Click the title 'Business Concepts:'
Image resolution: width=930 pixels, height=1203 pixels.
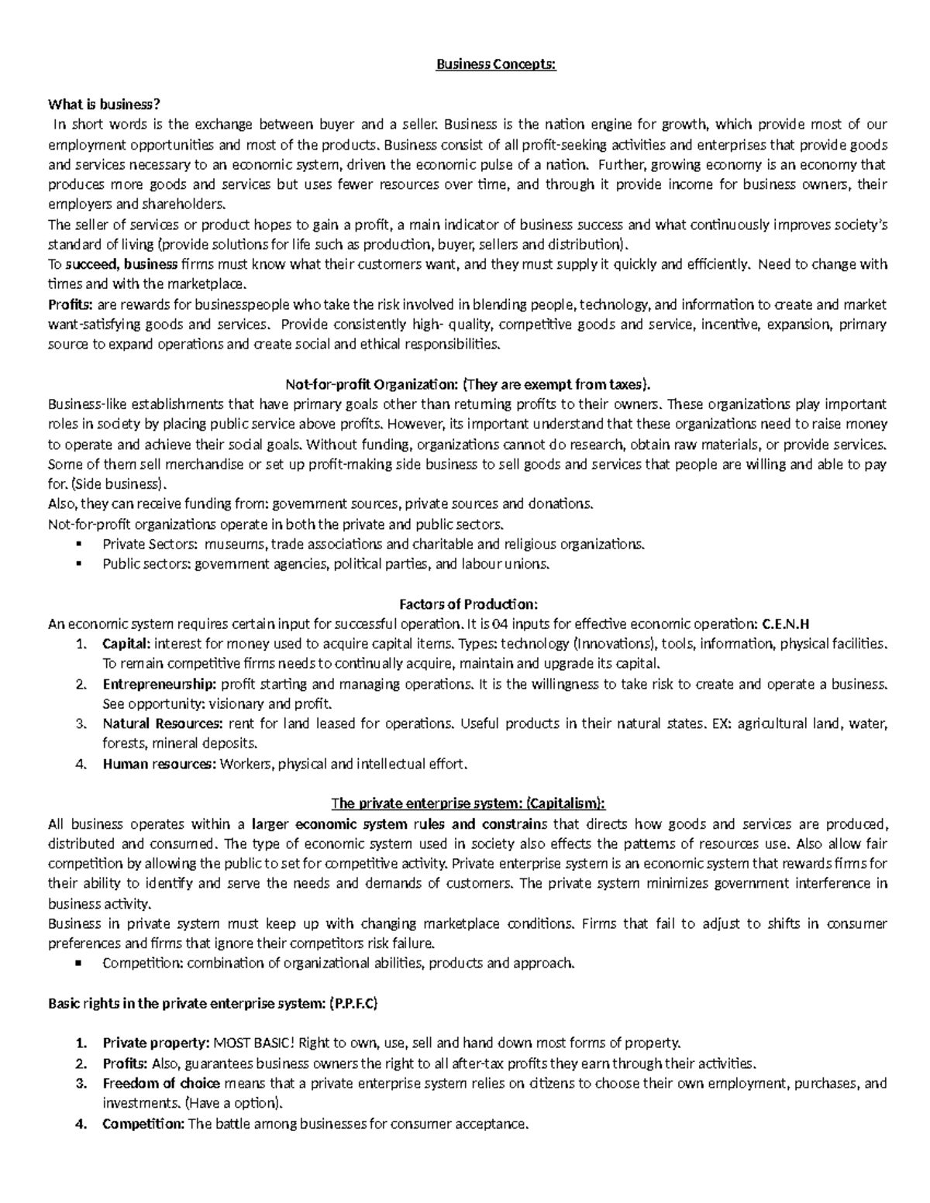click(x=496, y=64)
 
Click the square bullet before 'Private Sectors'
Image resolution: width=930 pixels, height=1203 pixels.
click(x=80, y=544)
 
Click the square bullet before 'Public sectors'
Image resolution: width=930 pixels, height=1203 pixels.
click(x=80, y=564)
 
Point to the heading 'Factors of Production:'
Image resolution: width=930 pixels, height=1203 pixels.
click(x=467, y=603)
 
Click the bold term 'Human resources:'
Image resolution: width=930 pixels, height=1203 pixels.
click(x=160, y=765)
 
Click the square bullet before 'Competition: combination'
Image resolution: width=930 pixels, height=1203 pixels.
click(x=80, y=964)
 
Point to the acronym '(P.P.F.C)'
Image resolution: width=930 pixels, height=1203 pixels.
click(x=353, y=1004)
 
